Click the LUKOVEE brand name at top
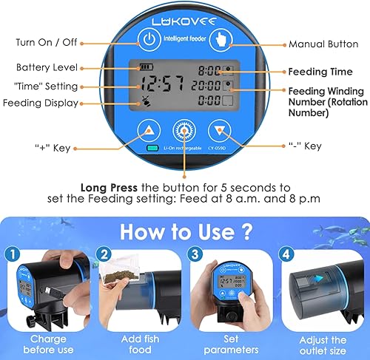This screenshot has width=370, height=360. point(184,13)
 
